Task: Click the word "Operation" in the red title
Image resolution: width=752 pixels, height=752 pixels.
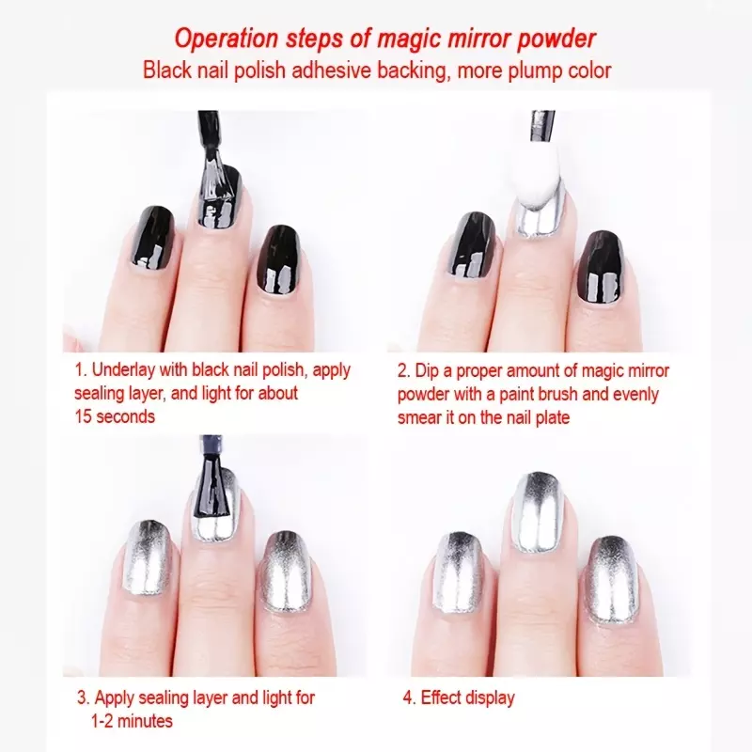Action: pos(227,39)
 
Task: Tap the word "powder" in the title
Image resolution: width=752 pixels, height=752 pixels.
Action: pos(556,39)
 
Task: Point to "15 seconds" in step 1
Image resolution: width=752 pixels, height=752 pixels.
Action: pos(115,416)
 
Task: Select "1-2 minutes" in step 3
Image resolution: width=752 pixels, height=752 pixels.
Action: pos(132,721)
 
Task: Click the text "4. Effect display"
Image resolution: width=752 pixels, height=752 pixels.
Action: pos(459,697)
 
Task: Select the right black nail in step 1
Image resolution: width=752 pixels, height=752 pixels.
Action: pos(278,259)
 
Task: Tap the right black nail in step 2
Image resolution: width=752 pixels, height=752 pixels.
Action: pos(601,267)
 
